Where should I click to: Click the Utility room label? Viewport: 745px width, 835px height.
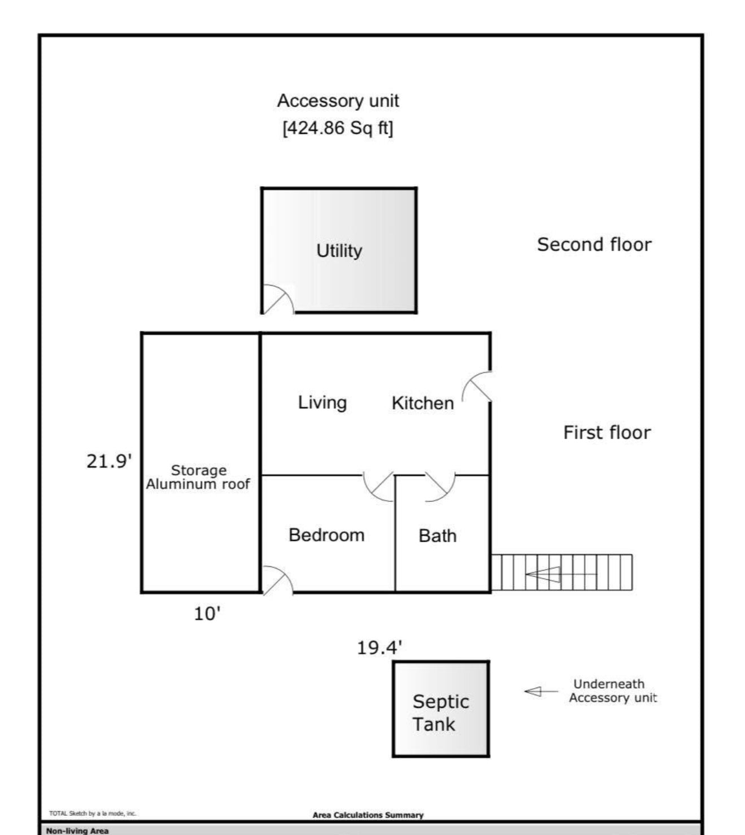pos(339,251)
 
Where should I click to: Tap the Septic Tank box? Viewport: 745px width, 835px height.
pos(441,709)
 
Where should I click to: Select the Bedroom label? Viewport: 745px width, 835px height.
pos(326,535)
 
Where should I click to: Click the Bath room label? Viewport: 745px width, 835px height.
pos(437,535)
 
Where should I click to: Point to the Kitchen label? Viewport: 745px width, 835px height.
pos(422,403)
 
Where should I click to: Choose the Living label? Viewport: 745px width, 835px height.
pos(322,403)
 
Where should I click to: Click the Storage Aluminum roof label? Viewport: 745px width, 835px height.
pos(198,477)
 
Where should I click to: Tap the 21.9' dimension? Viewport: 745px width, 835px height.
pos(109,461)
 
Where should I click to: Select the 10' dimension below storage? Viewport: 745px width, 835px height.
pos(207,614)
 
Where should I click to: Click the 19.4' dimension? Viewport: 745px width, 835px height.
pos(379,648)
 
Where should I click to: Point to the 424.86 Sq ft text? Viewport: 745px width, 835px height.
pos(338,128)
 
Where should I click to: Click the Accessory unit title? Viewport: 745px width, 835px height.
pos(338,100)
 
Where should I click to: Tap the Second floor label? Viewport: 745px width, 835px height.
pos(594,244)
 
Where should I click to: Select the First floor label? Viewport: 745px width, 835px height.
pos(607,432)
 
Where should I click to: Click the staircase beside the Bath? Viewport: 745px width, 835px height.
pos(561,572)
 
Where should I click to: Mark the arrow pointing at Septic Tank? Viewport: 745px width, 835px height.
pos(541,691)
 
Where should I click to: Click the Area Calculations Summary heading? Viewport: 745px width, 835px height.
pos(368,815)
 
